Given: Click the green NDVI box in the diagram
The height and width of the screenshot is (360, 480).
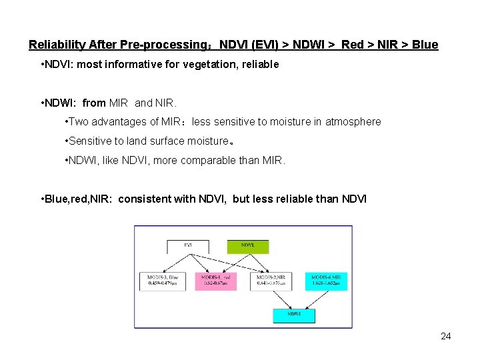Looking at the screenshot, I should (x=248, y=246).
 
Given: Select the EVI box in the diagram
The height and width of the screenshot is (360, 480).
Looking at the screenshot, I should (x=188, y=246).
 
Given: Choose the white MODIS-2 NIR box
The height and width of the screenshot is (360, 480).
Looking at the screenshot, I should (x=271, y=281).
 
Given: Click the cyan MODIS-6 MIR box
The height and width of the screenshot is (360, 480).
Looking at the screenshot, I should (x=326, y=281).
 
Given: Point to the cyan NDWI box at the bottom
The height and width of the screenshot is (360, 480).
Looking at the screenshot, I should (x=293, y=315).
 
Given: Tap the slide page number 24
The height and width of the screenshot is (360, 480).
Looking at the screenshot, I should (x=446, y=336).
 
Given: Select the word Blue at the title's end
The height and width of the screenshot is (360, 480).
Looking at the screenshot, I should (x=425, y=45).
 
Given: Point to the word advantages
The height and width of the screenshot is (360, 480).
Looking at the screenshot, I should (x=121, y=121).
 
